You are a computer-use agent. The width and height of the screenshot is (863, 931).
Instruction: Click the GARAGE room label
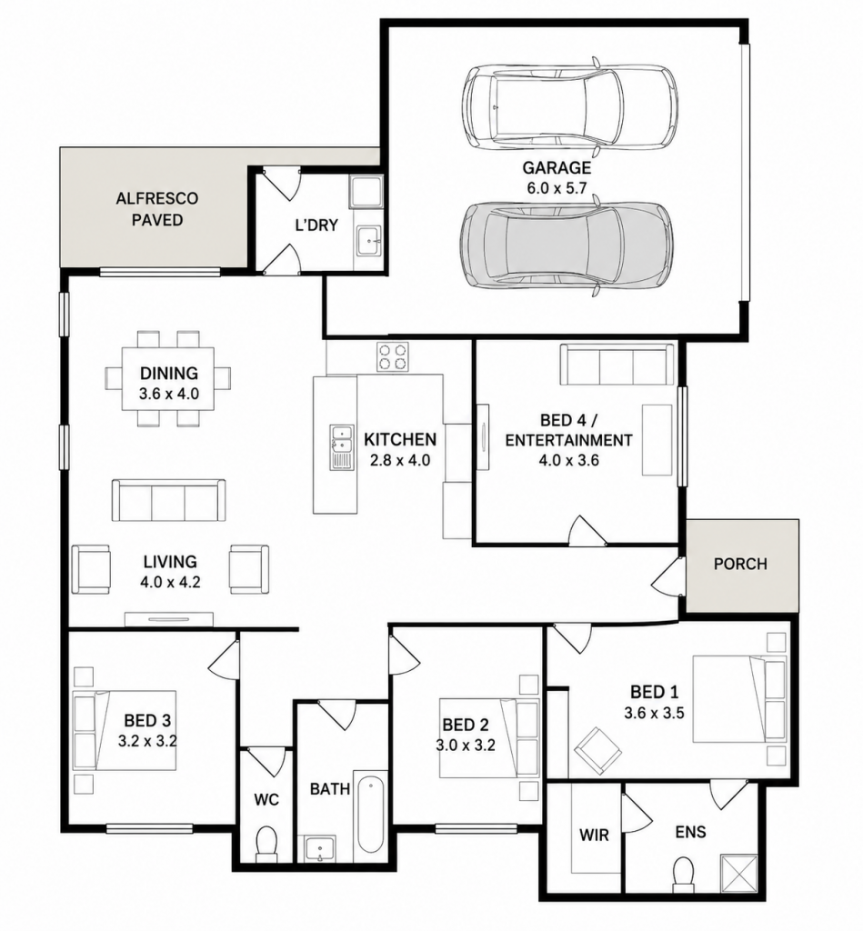(557, 167)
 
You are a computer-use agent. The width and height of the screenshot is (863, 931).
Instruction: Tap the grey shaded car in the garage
(567, 245)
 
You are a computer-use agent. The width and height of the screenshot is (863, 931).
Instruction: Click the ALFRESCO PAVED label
(156, 209)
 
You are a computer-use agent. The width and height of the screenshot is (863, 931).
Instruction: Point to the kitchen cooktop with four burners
(393, 356)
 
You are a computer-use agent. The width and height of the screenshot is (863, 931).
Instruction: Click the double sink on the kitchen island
(342, 447)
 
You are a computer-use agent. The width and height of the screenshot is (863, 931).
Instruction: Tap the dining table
(168, 379)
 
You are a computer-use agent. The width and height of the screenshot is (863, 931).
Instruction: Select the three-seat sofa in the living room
(169, 500)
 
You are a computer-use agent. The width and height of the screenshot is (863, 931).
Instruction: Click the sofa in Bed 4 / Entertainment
(617, 365)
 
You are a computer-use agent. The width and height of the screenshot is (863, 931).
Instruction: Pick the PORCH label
(740, 564)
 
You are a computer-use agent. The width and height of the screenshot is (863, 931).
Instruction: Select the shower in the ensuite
(738, 873)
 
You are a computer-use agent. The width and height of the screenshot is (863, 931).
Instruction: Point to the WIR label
(594, 835)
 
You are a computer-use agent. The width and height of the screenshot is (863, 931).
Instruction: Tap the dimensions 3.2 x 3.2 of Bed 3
(147, 741)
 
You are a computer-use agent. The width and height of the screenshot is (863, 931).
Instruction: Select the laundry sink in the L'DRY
(368, 240)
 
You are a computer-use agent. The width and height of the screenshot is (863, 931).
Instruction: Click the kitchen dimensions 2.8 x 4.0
(400, 459)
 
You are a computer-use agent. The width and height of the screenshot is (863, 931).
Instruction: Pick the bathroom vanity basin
(320, 848)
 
